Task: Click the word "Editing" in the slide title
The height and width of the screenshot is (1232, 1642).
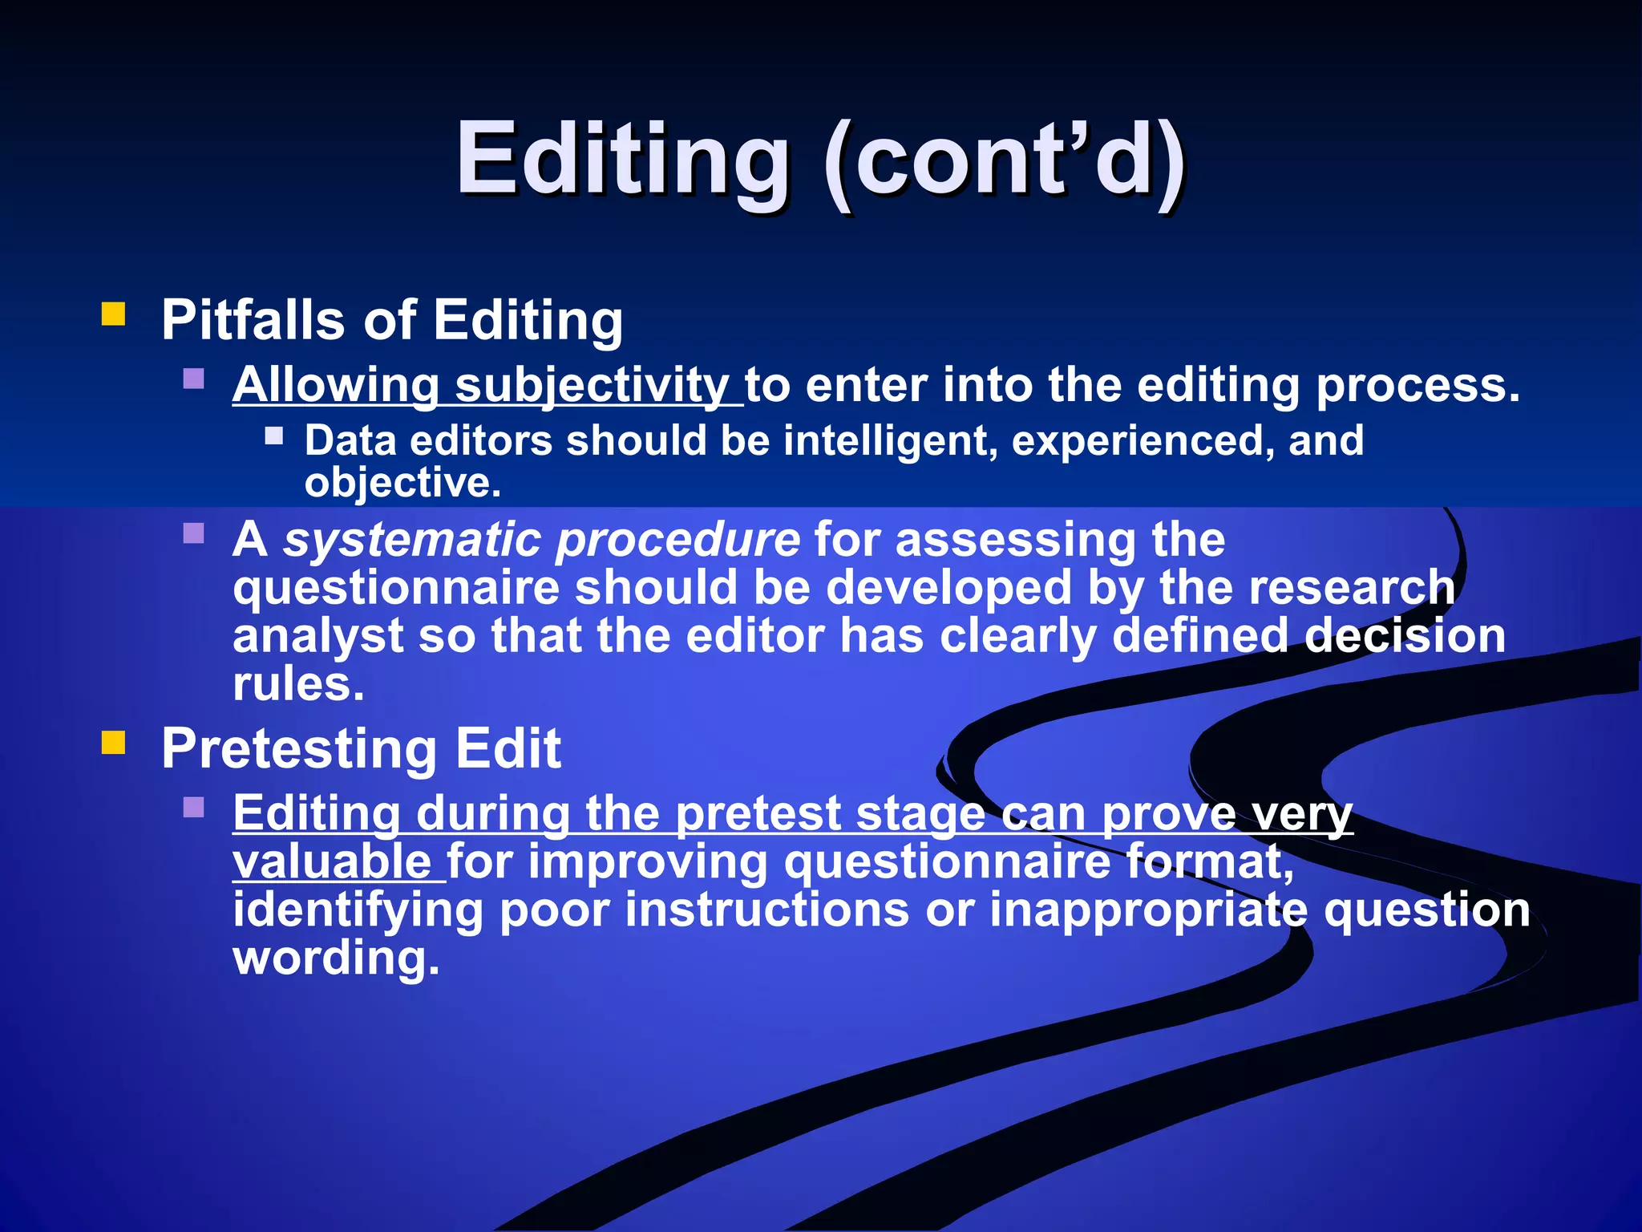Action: pyautogui.click(x=623, y=159)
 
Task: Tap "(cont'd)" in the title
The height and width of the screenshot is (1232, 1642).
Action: pyautogui.click(x=1005, y=159)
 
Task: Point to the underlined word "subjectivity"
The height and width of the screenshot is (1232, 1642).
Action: pyautogui.click(x=592, y=386)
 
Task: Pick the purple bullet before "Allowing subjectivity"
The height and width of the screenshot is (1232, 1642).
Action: pyautogui.click(x=194, y=379)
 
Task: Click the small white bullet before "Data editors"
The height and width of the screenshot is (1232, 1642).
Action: pyautogui.click(x=274, y=436)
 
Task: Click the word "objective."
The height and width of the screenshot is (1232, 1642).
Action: pyautogui.click(x=402, y=483)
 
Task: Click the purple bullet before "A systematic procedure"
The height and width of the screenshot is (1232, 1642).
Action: pyautogui.click(x=194, y=533)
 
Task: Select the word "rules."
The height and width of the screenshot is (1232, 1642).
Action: pyautogui.click(x=298, y=684)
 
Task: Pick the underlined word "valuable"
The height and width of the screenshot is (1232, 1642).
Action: pyautogui.click(x=333, y=862)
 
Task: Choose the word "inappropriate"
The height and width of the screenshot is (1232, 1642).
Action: pyautogui.click(x=1148, y=910)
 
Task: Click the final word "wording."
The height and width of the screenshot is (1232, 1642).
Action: pyautogui.click(x=337, y=958)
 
